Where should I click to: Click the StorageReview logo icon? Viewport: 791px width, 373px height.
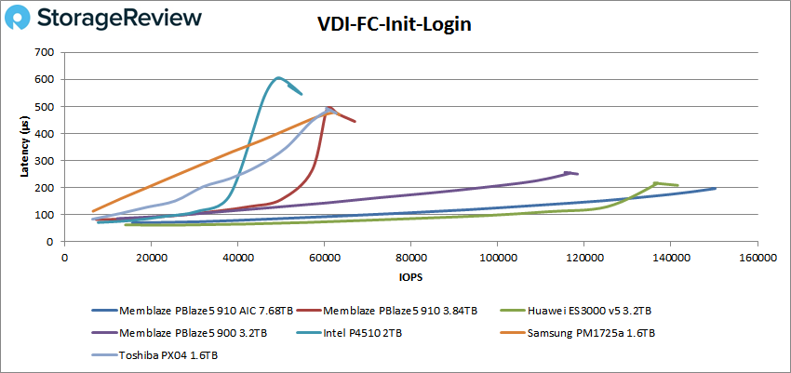pos(25,19)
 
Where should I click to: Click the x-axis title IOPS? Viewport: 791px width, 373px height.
pos(409,276)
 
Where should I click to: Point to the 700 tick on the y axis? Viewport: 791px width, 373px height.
pos(43,53)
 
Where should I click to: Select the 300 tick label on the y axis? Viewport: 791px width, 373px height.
pos(43,161)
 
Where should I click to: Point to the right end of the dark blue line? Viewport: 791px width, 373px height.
pos(715,188)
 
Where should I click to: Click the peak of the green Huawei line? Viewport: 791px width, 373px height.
pos(655,183)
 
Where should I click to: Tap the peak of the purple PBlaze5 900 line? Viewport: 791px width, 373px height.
pos(568,172)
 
